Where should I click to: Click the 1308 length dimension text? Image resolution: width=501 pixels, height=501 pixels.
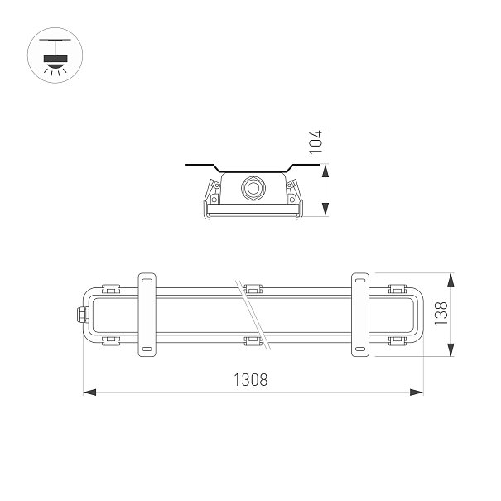coord(250,380)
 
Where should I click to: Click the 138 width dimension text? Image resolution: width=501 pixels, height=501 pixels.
coord(441,314)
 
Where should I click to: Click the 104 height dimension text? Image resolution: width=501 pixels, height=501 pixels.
coord(316,142)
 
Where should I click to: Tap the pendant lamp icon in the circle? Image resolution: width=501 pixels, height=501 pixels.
coord(55,55)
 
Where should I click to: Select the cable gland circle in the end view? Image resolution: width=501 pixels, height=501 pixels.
coord(253,188)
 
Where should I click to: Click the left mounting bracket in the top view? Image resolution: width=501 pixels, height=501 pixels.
coord(147,315)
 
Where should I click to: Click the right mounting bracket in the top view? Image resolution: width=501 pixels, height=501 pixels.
coord(360,315)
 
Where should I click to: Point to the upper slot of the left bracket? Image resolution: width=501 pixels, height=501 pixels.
coord(147,281)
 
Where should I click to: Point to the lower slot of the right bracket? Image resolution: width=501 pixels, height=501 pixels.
coord(360,349)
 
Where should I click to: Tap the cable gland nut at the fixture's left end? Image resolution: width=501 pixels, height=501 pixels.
coord(82,315)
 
